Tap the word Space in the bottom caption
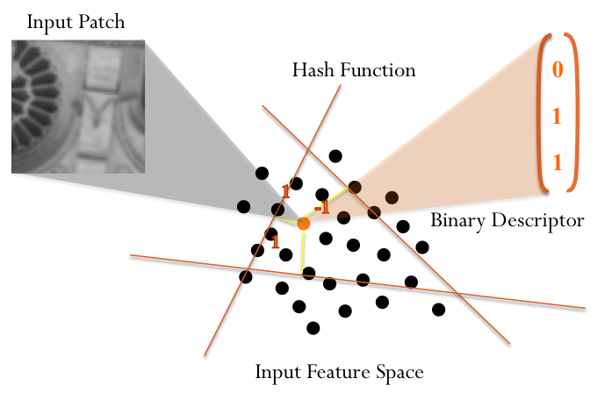pos(400,372)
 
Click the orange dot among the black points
pos(303,224)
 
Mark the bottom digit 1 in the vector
pos(556,161)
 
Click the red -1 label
pos(321,207)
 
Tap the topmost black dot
pos(335,156)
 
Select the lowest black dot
pos(313,328)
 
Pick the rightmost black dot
pos(439,309)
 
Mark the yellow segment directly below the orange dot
pos(303,250)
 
